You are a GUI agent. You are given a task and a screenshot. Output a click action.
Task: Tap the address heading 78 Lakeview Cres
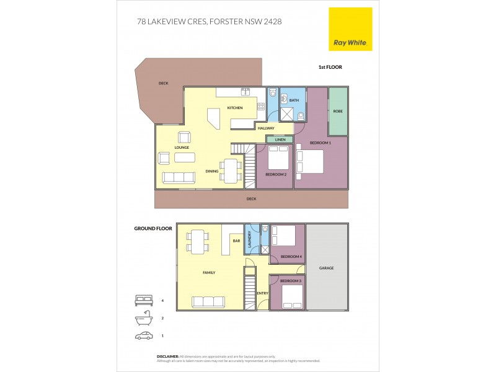[x=208, y=20]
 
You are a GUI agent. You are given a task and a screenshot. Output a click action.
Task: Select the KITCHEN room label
[x=234, y=108]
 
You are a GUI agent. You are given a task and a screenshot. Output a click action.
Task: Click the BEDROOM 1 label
[x=321, y=143]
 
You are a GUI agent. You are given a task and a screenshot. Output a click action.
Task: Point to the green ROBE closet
[x=338, y=112]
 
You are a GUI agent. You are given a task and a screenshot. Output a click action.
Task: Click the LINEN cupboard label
[x=280, y=139]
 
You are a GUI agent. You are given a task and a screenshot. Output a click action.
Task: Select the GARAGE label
[x=326, y=268]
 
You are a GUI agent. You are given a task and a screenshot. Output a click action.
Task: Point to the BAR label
[x=236, y=241]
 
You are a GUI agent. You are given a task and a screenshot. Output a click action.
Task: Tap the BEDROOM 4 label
[x=291, y=257]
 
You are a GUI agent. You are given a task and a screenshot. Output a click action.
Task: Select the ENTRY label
[x=262, y=293]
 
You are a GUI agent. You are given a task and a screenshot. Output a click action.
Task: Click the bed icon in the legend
[x=144, y=301]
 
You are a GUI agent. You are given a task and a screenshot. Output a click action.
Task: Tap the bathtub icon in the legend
[x=144, y=318]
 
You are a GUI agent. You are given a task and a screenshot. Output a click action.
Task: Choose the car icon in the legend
[x=144, y=335]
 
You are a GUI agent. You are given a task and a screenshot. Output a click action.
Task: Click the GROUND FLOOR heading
[x=153, y=228]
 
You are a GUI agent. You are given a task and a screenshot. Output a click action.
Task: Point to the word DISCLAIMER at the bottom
[x=167, y=356]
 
